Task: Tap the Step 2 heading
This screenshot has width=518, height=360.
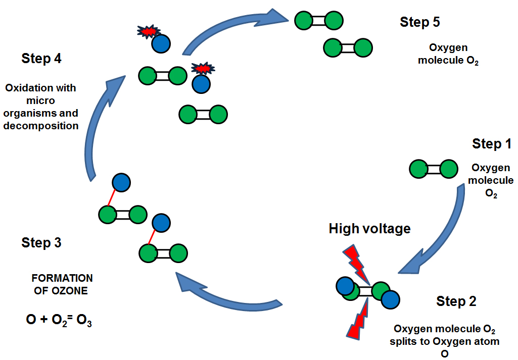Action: click(456, 301)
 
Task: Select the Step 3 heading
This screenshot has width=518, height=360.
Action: click(41, 243)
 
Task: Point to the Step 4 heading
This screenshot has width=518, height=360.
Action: click(41, 59)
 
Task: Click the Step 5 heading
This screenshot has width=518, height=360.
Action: click(419, 22)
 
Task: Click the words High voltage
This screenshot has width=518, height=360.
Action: click(369, 229)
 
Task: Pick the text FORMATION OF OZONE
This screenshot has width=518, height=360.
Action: click(62, 284)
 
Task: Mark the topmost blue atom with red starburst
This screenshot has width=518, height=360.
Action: click(161, 43)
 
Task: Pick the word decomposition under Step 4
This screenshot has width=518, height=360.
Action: click(41, 126)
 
